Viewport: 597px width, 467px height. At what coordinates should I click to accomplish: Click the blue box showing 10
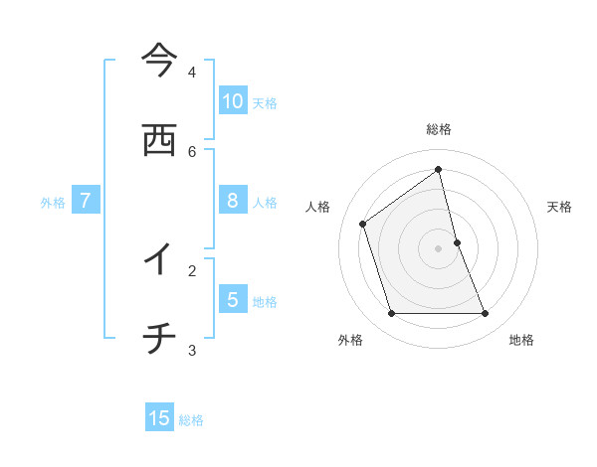(x=233, y=100)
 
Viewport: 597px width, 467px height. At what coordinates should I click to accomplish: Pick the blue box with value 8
(x=233, y=201)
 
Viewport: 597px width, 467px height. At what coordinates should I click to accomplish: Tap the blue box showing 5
(x=233, y=299)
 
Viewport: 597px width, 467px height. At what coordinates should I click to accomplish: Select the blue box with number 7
(x=86, y=201)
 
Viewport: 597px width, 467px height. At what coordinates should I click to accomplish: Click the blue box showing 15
(x=159, y=418)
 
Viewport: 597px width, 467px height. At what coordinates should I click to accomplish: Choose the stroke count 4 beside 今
(x=192, y=73)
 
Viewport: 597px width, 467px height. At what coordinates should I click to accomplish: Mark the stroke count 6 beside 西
(x=192, y=151)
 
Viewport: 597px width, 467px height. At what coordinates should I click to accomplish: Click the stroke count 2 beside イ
(x=192, y=269)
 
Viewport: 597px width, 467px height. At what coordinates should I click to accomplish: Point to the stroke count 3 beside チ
(x=192, y=350)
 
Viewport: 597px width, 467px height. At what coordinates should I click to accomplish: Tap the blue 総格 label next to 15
(x=191, y=420)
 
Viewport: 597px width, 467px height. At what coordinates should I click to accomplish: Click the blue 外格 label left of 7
(x=53, y=203)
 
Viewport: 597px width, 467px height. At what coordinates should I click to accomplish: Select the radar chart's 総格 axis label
(x=439, y=129)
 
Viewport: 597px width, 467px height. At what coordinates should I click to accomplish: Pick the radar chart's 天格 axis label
(x=560, y=207)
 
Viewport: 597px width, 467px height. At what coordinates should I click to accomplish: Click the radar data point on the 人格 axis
(x=363, y=224)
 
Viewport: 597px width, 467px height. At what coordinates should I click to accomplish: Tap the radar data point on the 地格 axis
(x=486, y=314)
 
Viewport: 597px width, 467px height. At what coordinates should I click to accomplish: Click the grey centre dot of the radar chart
(x=439, y=248)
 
